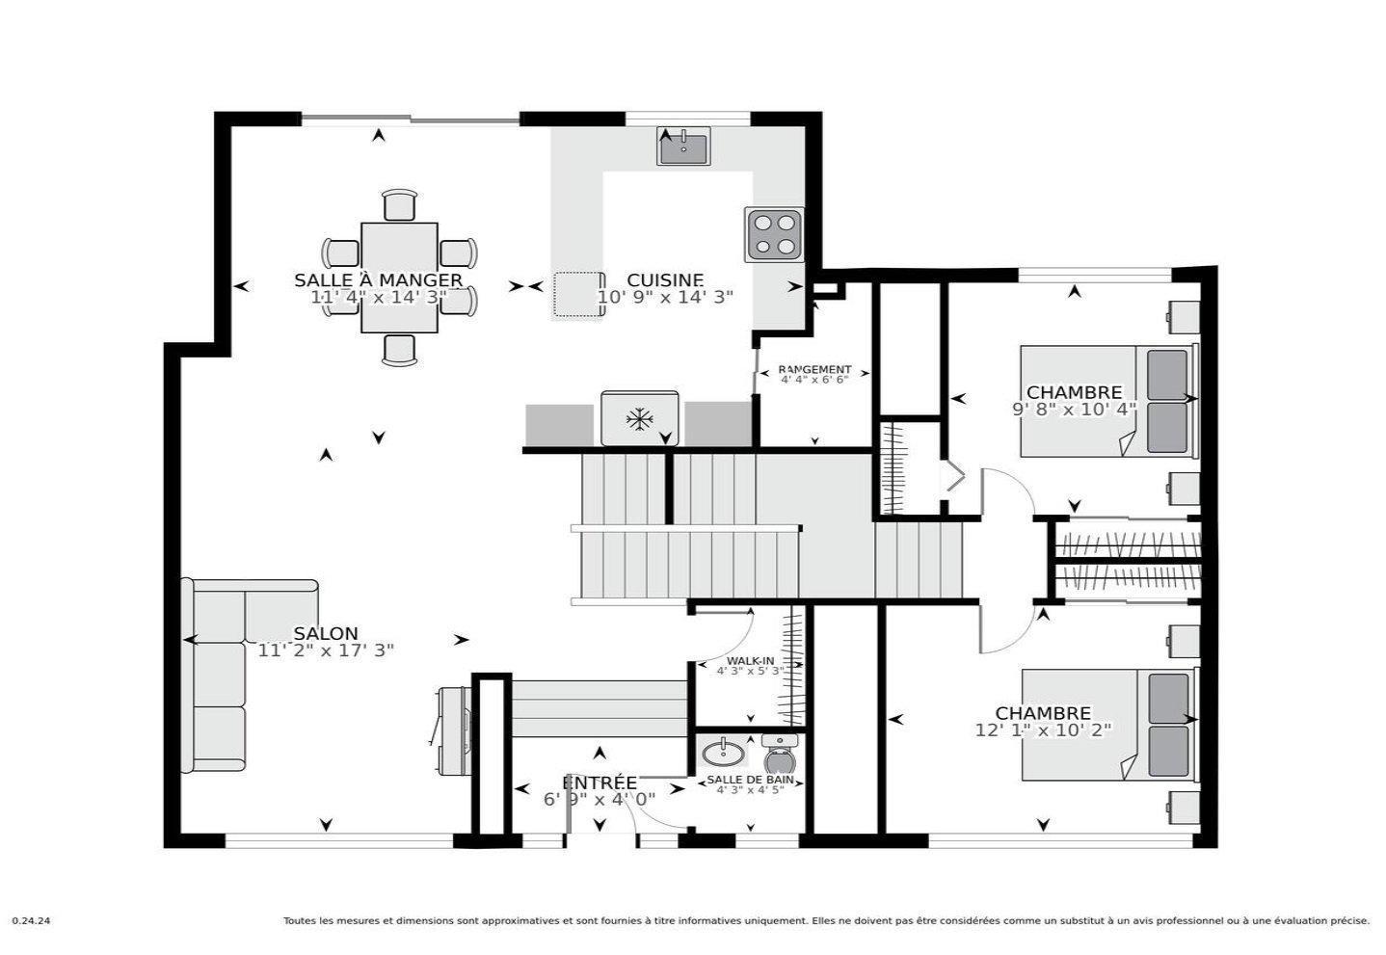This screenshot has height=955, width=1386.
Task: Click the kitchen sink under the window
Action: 683,146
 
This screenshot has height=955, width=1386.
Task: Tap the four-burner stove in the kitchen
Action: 774,234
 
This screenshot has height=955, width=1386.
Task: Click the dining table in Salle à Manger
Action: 400,278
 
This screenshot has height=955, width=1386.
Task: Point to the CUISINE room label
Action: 665,280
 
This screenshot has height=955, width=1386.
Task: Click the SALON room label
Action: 326,634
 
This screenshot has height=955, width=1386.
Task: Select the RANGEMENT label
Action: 814,369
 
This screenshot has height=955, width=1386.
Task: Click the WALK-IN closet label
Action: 750,661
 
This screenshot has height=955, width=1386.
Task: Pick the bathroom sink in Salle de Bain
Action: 723,751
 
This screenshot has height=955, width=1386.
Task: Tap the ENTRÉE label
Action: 600,783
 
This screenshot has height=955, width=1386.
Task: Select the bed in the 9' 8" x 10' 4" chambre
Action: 1106,401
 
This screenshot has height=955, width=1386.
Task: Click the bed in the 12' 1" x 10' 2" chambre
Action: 1106,725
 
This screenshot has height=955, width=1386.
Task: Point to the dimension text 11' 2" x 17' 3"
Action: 326,650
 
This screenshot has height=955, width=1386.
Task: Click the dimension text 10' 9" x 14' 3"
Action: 665,297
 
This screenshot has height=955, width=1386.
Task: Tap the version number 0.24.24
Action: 31,921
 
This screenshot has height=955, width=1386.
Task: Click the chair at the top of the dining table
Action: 400,205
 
